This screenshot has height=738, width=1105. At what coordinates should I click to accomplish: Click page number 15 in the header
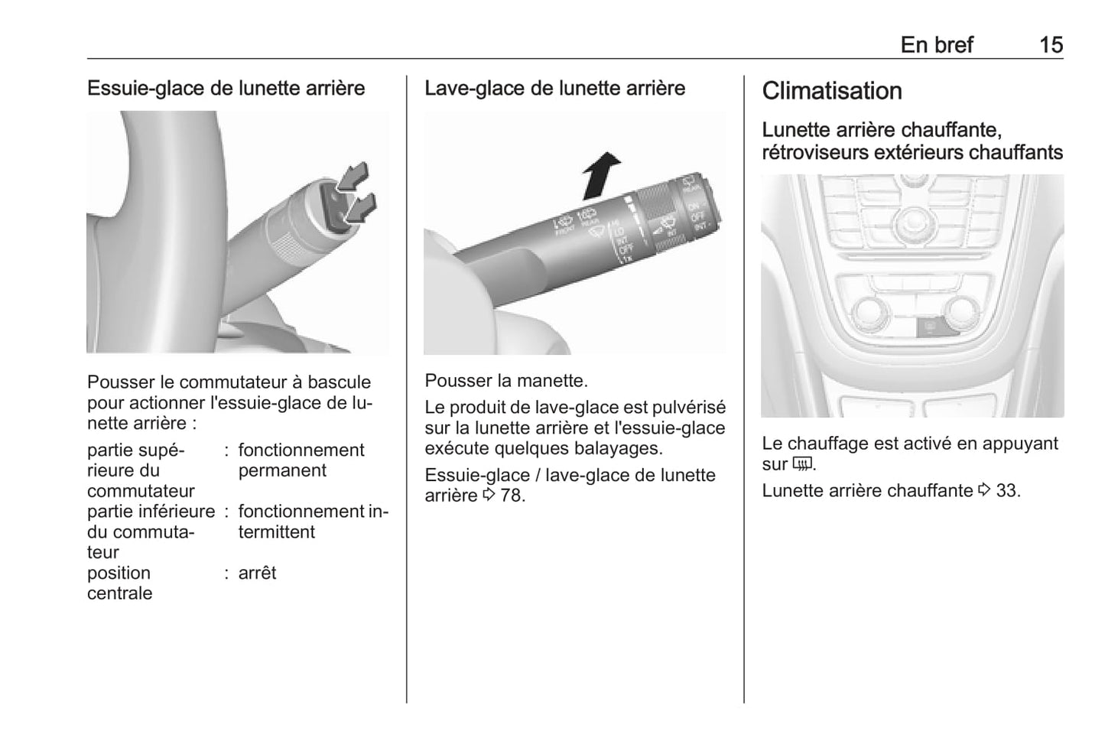click(x=1051, y=45)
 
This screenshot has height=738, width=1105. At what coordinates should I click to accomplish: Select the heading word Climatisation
click(x=832, y=91)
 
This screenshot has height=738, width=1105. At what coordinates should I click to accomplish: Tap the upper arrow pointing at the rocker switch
click(x=353, y=176)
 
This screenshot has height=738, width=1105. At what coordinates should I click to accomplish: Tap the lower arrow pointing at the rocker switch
click(x=361, y=208)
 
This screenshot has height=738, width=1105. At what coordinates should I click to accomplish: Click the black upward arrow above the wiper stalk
click(x=601, y=175)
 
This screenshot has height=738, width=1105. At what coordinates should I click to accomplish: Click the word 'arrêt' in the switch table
click(x=257, y=573)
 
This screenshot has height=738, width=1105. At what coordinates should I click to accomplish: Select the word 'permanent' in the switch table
click(x=282, y=470)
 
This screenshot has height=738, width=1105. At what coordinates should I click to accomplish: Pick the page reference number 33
click(x=1006, y=491)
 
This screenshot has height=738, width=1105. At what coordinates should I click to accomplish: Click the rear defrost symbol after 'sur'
click(x=801, y=464)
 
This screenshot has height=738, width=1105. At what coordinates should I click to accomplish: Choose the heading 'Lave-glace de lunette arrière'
click(x=555, y=88)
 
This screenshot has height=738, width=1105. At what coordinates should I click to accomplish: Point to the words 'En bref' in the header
click(x=937, y=45)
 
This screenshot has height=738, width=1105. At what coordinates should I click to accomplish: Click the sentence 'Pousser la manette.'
click(x=506, y=380)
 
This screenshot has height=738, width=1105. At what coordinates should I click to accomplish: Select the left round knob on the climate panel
click(x=872, y=312)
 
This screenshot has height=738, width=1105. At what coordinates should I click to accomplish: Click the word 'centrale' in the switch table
click(x=120, y=593)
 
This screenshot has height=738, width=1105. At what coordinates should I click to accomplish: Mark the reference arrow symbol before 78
click(x=489, y=494)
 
